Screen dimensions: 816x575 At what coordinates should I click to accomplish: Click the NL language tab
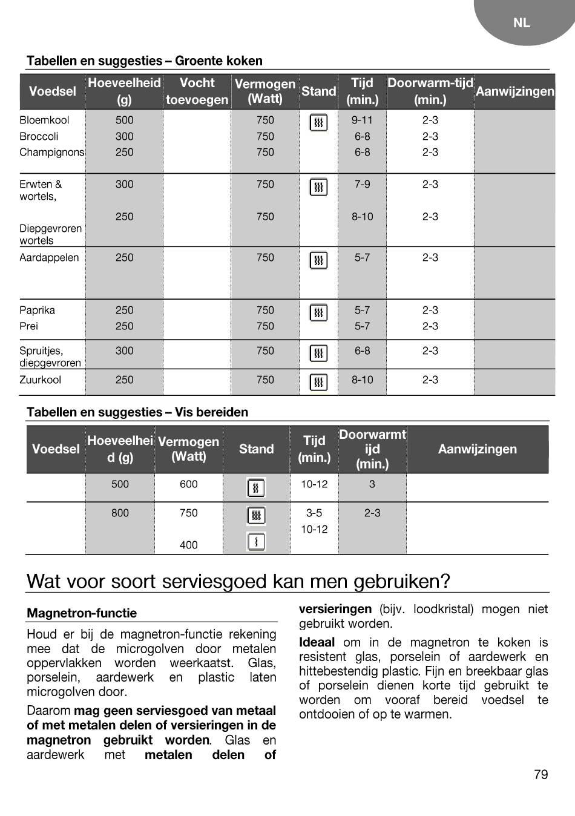[521, 23]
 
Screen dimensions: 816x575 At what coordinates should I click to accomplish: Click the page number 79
[541, 774]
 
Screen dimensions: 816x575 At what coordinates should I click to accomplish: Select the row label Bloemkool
[44, 120]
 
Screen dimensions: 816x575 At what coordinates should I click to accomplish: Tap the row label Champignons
[51, 152]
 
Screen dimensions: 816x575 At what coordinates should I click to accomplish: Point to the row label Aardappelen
[49, 257]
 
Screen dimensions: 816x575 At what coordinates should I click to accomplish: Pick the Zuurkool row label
[40, 380]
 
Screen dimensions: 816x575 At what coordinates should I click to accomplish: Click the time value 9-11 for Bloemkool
[362, 120]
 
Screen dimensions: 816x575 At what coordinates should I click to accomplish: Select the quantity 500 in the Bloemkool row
[124, 120]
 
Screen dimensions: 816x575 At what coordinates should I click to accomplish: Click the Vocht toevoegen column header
[197, 91]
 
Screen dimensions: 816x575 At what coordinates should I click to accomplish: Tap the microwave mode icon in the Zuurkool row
[318, 382]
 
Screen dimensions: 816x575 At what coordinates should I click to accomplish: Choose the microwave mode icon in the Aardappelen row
[318, 260]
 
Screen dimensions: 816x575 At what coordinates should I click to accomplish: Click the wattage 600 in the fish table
[188, 484]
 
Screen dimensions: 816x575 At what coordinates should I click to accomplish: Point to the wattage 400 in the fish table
[188, 545]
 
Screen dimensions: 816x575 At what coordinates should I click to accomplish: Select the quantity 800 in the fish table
[120, 513]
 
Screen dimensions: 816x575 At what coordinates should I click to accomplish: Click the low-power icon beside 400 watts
[256, 542]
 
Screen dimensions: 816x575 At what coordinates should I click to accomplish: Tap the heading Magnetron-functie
[82, 613]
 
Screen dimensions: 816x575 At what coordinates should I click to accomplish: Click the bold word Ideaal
[317, 642]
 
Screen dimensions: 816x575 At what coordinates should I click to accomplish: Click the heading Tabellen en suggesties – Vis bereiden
[137, 412]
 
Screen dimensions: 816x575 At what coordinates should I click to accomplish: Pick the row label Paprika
[37, 310]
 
